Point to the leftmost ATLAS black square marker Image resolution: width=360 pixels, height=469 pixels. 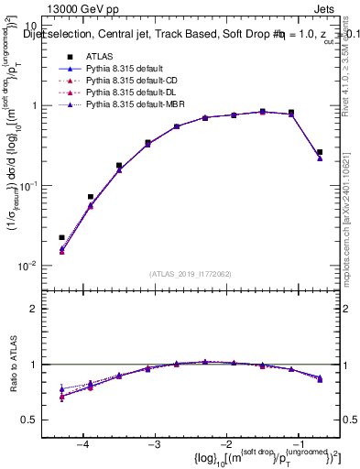[62, 237]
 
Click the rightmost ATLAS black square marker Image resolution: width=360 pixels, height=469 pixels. [320, 152]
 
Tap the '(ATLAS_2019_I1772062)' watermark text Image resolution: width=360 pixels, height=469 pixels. [191, 274]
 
